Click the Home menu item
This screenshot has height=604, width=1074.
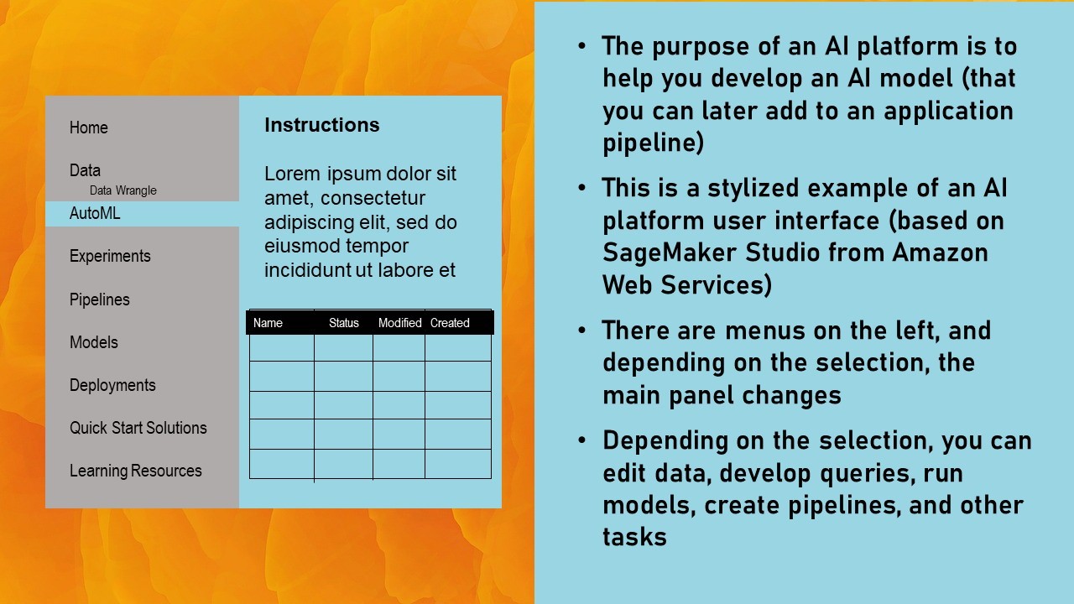[x=89, y=128]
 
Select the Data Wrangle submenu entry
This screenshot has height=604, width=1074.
[x=123, y=190]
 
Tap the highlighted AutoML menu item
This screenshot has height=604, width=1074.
[x=95, y=213]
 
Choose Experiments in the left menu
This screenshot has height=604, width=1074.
[x=110, y=257]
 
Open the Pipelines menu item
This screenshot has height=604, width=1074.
[x=100, y=299]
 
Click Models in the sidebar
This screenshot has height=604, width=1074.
[x=94, y=342]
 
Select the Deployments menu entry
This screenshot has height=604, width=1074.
[x=112, y=385]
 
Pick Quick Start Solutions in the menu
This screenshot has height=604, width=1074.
[x=138, y=428]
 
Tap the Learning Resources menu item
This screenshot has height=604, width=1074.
[x=136, y=471]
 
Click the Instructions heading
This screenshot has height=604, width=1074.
[x=321, y=125]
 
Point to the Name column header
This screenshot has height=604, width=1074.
[x=268, y=323]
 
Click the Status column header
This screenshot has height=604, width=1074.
[x=344, y=323]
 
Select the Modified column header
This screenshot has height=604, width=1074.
[x=400, y=323]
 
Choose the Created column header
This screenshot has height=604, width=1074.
[x=450, y=323]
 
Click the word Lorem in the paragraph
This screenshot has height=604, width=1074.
[x=292, y=174]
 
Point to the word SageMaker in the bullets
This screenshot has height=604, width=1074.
[x=670, y=253]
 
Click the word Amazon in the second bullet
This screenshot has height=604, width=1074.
[x=940, y=253]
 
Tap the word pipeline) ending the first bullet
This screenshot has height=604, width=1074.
[x=653, y=143]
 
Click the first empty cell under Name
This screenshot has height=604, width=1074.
[x=282, y=347]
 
